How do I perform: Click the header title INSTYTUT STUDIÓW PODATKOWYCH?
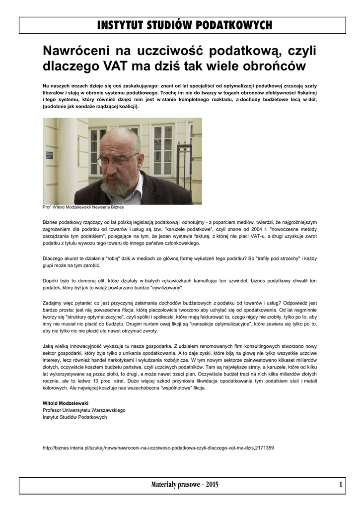pyautogui.click(x=184, y=25)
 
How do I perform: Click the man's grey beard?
pyautogui.click(x=117, y=186)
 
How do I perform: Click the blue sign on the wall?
pyautogui.click(x=49, y=155)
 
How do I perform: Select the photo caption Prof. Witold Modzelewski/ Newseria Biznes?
pyautogui.click(x=83, y=207)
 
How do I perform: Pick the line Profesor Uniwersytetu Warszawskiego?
pyautogui.click(x=84, y=410)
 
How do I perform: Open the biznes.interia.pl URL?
pyautogui.click(x=158, y=448)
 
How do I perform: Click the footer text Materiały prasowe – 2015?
pyautogui.click(x=185, y=485)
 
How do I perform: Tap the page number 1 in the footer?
pyautogui.click(x=341, y=485)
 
